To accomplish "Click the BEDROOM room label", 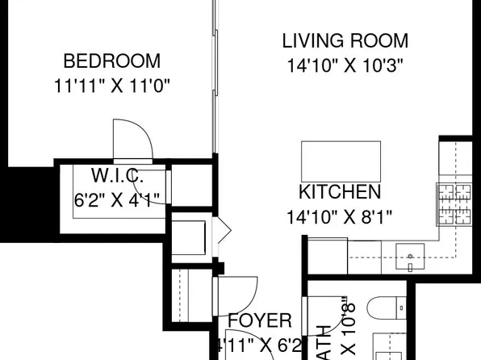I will pyautogui.click(x=112, y=61).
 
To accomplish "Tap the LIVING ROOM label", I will pyautogui.click(x=345, y=40).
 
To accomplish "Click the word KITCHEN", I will pyautogui.click(x=340, y=192).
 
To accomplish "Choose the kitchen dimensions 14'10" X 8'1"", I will pyautogui.click(x=340, y=216).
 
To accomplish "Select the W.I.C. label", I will pyautogui.click(x=118, y=175).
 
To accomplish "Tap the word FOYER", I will pyautogui.click(x=259, y=321).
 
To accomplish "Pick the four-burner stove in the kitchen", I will pyautogui.click(x=454, y=206).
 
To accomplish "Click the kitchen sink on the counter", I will pyautogui.click(x=412, y=259).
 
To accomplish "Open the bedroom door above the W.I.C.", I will pyautogui.click(x=132, y=139).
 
